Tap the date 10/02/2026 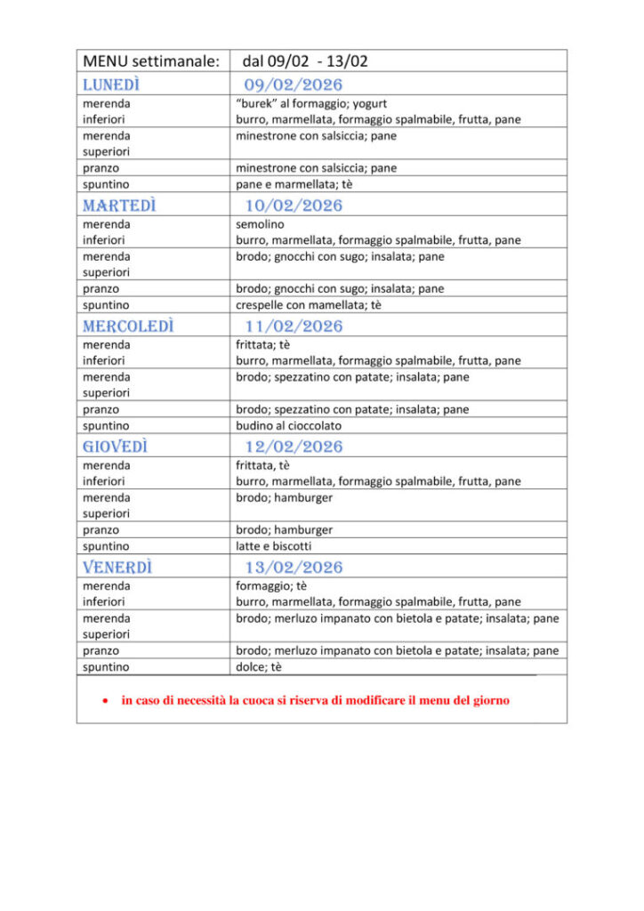pos(294,206)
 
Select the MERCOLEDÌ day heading pos(128,326)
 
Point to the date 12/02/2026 pos(294,447)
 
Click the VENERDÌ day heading pos(117,567)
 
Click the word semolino pos(260,224)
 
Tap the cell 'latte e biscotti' pos(273,545)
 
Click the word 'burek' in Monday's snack pos(255,103)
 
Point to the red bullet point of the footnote pos(105,701)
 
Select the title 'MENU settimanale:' pos(151,61)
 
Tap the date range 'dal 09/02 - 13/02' pos(305,61)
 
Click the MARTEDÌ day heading pos(119,206)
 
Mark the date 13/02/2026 pos(294,567)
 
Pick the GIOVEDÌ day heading pos(115,447)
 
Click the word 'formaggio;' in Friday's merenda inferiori pos(262,585)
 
